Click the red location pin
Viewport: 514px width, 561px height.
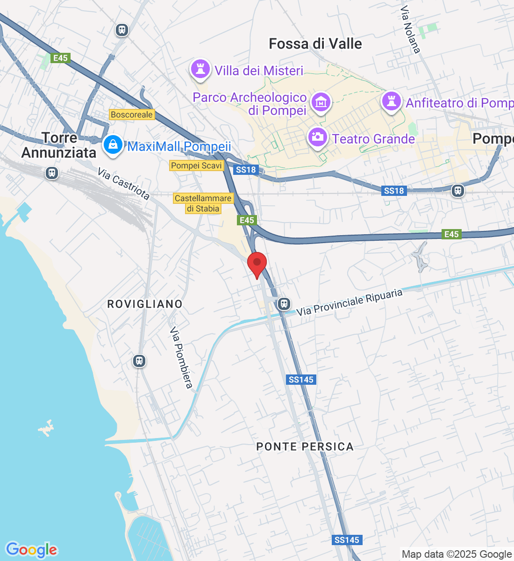click(257, 264)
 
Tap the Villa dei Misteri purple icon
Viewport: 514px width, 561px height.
click(200, 70)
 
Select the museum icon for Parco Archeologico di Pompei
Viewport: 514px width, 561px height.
click(321, 102)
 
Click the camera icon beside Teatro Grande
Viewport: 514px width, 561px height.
click(318, 137)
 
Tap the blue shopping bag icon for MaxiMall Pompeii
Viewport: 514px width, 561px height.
click(113, 144)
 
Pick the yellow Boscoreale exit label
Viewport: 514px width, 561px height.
click(132, 115)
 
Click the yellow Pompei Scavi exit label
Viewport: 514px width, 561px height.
click(196, 165)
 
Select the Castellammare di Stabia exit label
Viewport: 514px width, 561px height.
click(203, 203)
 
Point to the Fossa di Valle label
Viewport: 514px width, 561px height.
click(315, 44)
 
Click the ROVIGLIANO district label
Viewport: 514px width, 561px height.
click(145, 304)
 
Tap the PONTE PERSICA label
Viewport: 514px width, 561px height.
click(305, 446)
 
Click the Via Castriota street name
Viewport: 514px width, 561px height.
click(123, 184)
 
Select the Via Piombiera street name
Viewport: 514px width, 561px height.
click(181, 358)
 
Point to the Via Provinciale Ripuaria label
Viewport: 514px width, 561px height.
click(350, 302)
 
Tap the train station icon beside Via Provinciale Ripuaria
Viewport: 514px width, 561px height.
click(284, 304)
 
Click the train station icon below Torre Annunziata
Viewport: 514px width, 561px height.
click(52, 173)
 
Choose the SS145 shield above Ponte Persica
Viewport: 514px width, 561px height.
click(301, 380)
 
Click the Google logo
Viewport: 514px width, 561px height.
click(31, 550)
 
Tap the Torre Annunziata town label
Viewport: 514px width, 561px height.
click(59, 145)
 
